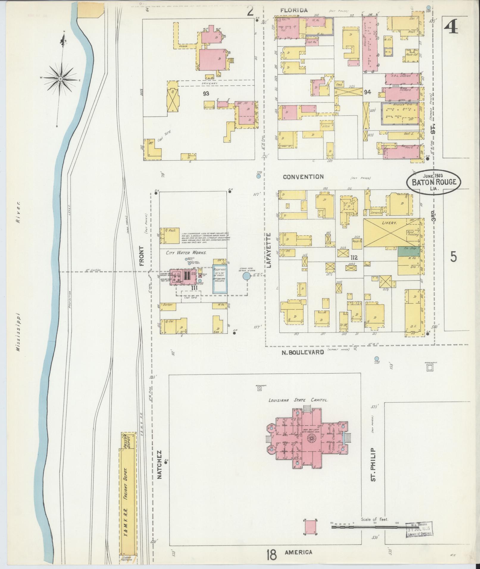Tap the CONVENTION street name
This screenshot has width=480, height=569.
[x=303, y=177]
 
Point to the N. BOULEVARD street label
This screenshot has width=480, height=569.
[x=303, y=352]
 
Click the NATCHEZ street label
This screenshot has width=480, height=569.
[x=159, y=468]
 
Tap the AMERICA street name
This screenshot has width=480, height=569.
[x=298, y=552]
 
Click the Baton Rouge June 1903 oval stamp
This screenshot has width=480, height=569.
[x=434, y=181]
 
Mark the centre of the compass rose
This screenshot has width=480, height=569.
[x=60, y=79]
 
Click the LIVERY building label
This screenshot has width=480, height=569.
[x=390, y=222]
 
